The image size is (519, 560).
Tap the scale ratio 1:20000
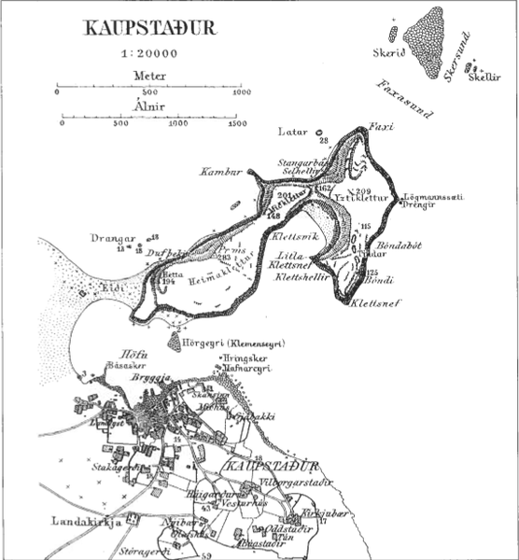pos(149,54)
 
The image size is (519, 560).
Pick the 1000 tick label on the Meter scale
pos(242,91)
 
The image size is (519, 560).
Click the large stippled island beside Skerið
pos(428,42)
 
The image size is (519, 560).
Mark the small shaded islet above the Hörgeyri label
pos(176,343)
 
